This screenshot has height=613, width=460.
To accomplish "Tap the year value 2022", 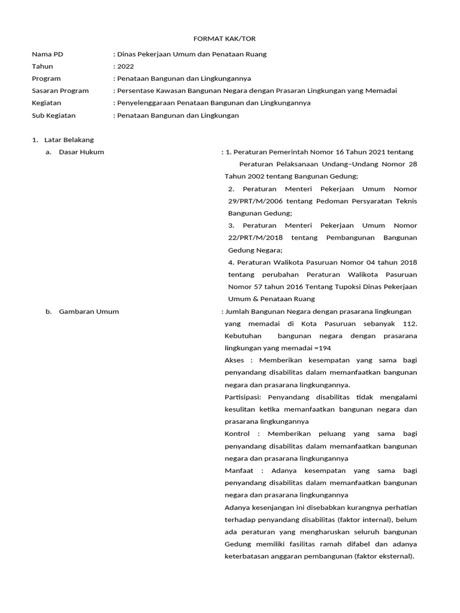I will click(x=126, y=66).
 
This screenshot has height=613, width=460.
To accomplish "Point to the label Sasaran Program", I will click(x=60, y=91).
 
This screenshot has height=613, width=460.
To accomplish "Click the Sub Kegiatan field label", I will click(x=53, y=116).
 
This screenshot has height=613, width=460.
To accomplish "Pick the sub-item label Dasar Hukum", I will click(x=81, y=152).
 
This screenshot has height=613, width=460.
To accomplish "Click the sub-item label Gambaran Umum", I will click(x=89, y=311).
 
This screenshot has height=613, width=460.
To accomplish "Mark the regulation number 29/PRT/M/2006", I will click(x=256, y=201).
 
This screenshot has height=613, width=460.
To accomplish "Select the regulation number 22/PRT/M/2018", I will click(x=256, y=238).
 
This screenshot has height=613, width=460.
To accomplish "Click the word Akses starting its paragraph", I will click(x=235, y=360).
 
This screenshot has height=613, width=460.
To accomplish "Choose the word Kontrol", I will click(x=237, y=433).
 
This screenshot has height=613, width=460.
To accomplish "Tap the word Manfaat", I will click(x=238, y=471).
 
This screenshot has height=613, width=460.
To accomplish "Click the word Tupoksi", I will click(x=343, y=287).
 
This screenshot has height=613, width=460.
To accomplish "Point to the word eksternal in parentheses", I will click(x=396, y=556).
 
